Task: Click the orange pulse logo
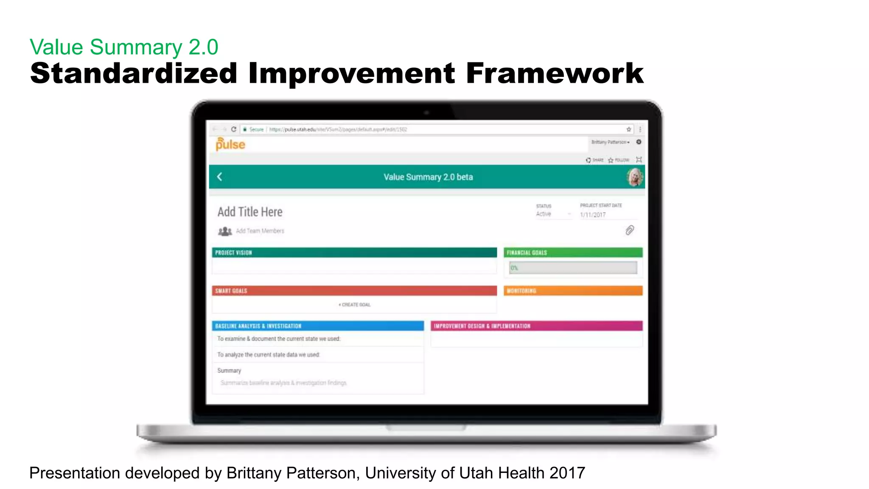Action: tap(230, 144)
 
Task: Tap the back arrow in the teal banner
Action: tap(220, 177)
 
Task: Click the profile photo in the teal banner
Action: tap(635, 177)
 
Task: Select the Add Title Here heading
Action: tap(250, 212)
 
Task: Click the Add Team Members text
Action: tap(260, 231)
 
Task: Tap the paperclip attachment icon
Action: tap(630, 230)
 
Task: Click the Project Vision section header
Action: tap(354, 253)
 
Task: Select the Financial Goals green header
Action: tap(573, 253)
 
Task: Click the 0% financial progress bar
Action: tap(573, 268)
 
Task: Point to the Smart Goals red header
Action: tap(354, 291)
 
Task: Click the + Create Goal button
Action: tap(355, 305)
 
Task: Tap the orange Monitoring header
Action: tap(573, 291)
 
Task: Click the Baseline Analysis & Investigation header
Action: tap(317, 326)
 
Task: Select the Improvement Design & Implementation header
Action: tap(536, 326)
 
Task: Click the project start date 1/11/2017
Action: tap(593, 215)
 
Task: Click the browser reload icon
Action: tap(233, 129)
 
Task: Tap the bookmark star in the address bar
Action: tap(629, 129)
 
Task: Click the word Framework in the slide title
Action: tap(555, 73)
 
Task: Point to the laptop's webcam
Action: tap(426, 113)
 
